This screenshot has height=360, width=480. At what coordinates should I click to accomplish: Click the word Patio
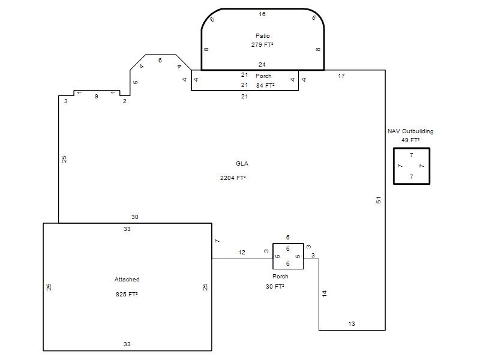coord(263,36)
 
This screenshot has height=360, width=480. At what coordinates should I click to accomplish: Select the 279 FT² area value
coord(262,44)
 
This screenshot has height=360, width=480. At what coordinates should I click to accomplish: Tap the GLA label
coord(242,163)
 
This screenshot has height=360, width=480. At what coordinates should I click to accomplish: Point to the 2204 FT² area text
coord(233,178)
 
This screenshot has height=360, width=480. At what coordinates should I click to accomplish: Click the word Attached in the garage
coord(127,279)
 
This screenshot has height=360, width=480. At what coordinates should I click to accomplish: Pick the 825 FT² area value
coord(127,294)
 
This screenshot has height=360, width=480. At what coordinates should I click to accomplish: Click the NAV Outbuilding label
coord(410,131)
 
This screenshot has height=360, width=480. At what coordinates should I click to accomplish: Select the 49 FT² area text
coord(410,140)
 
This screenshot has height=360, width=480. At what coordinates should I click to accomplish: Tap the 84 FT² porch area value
coord(265,85)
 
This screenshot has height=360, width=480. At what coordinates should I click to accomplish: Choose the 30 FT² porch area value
coord(275,287)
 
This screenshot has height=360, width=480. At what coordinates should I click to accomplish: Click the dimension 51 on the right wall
coord(379,200)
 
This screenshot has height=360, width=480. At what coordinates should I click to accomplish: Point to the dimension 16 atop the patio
coord(262,14)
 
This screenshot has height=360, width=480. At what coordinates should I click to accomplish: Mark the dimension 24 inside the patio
coord(262,65)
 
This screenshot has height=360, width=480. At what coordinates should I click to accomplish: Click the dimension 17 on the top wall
coord(341,76)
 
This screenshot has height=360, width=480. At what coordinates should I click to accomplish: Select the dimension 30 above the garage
coord(134,217)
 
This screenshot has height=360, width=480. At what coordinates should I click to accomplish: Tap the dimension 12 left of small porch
coord(242,253)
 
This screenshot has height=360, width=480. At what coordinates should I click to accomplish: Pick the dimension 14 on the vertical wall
coord(325,293)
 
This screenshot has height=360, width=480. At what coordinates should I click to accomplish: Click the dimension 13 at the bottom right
coord(352,324)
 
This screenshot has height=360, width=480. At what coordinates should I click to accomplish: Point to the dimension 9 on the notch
coord(97,97)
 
